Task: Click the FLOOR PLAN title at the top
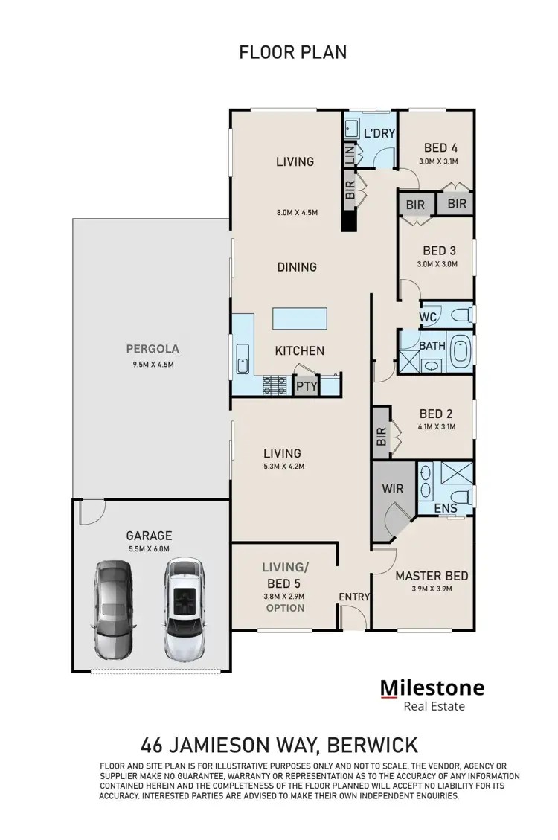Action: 292,52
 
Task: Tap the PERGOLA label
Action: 153,347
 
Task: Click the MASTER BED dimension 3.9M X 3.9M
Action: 432,589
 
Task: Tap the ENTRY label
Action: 353,597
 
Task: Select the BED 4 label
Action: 441,147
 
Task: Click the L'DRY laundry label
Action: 379,133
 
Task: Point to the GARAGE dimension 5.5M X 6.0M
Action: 149,549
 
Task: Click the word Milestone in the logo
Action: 432,687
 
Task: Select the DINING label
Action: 297,266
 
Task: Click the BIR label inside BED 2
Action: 382,435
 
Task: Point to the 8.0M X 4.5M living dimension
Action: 297,212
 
